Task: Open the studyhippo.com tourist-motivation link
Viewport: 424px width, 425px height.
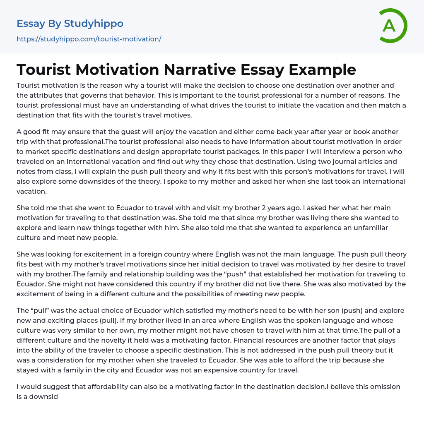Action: coord(89,39)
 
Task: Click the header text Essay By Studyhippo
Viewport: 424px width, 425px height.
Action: coord(70,24)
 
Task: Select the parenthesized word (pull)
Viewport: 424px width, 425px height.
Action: coord(108,320)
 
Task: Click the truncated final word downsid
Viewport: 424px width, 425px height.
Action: coord(44,396)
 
